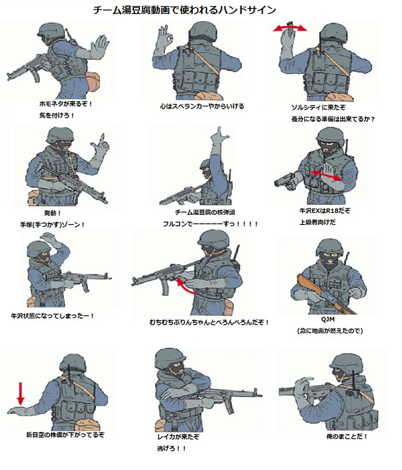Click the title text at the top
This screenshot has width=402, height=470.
184,10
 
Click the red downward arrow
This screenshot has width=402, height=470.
20,394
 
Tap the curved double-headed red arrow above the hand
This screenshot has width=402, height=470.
290,28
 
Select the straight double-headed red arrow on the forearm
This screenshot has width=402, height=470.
326,175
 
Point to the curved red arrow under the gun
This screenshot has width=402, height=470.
184,287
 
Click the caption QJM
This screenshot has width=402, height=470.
328,319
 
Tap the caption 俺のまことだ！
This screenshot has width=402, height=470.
346,437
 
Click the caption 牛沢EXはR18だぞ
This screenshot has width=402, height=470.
324,211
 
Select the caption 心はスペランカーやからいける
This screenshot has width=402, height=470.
202,106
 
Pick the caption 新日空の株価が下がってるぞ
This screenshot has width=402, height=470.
65,435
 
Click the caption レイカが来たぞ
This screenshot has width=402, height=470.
178,437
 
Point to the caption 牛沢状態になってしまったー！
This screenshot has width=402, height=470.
53,316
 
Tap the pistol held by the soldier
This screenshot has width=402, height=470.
285,181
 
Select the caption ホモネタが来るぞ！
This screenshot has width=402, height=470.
66,104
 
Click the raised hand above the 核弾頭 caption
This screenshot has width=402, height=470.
218,139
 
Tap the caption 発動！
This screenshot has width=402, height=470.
53,213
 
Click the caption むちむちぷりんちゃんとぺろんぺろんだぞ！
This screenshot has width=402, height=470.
209,323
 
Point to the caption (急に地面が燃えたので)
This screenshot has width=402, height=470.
330,331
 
